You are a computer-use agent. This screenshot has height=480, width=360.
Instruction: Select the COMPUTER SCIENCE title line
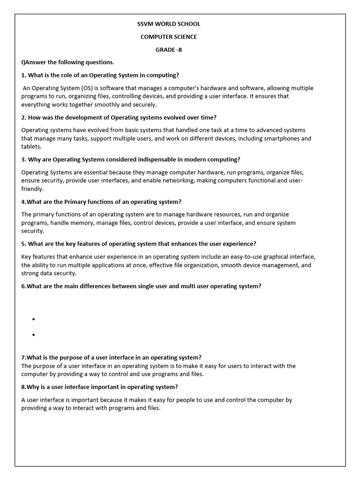169,37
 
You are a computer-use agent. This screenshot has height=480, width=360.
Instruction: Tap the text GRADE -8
169,50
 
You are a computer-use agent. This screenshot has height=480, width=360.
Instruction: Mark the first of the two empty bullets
34,319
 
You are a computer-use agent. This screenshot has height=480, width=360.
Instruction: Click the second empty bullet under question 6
34,335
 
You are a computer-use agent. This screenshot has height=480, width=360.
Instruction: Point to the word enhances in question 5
185,244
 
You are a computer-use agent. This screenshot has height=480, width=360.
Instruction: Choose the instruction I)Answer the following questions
67,62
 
